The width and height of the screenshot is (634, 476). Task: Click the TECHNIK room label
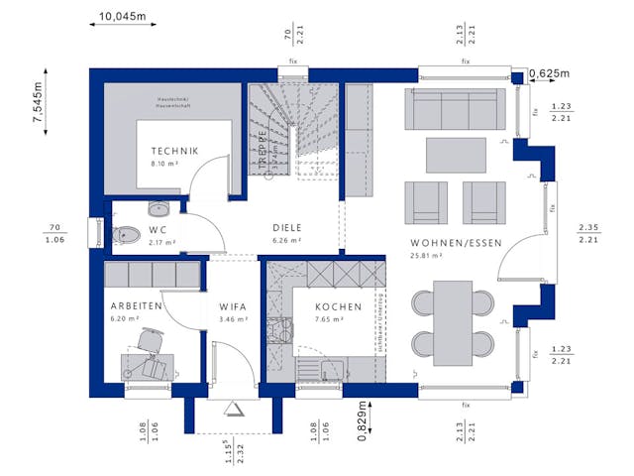point(174,150)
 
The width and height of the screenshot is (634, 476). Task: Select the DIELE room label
point(287,227)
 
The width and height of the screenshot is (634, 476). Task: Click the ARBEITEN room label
point(137,306)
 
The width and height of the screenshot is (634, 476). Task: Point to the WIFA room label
point(233,306)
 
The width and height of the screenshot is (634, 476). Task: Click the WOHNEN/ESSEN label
point(457,242)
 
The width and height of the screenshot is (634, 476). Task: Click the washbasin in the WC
point(158,208)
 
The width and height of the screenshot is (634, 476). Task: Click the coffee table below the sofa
point(456,156)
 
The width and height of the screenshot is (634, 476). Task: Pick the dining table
point(455,319)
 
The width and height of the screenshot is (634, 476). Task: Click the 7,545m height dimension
point(38,102)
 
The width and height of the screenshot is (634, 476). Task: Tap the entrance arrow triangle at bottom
point(234,409)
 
